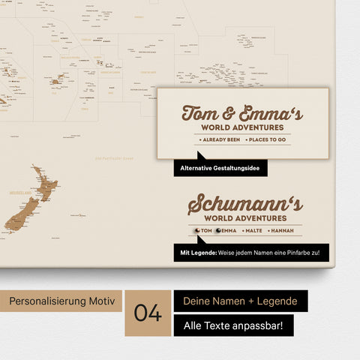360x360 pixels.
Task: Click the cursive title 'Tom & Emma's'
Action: tap(242, 114)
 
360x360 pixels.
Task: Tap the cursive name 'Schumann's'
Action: tap(245, 204)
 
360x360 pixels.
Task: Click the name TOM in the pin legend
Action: tap(206, 231)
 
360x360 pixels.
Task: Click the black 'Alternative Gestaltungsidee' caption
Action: tap(220, 169)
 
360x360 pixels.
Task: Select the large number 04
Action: tap(148, 313)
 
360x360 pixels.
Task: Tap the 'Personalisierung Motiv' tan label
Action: tap(61, 301)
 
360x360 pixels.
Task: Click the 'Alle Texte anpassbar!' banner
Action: tap(233, 325)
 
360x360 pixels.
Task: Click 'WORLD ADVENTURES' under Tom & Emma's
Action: tap(242, 128)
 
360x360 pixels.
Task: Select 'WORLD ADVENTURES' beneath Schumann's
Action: tap(245, 218)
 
